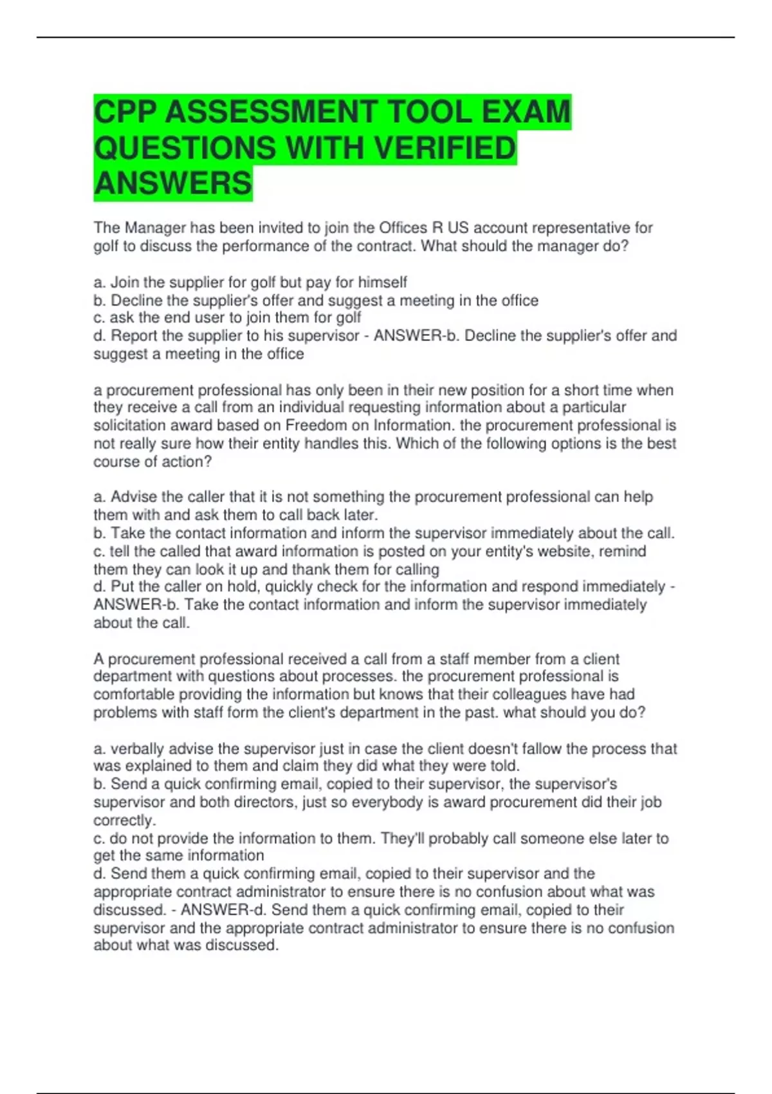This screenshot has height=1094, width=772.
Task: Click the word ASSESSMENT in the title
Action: pos(270,112)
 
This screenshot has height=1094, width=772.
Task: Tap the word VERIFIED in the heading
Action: pos(445,148)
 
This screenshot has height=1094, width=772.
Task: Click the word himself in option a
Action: pos(382,282)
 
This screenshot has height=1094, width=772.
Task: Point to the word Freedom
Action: pos(317,425)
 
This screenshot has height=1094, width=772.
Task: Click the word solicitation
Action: pos(133,425)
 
